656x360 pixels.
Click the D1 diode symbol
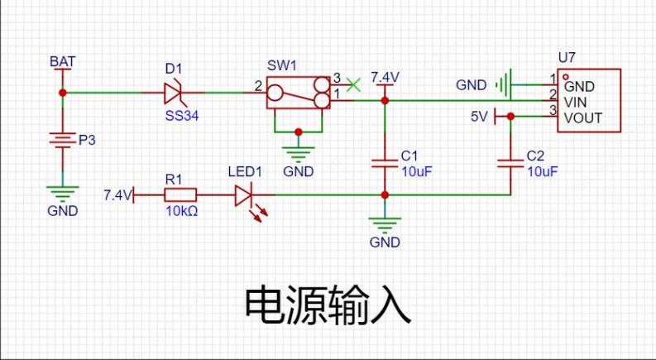(x=175, y=92)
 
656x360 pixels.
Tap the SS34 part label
(x=182, y=116)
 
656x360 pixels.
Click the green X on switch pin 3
(x=354, y=84)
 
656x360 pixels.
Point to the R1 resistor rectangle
(x=180, y=195)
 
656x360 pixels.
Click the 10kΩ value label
(x=180, y=210)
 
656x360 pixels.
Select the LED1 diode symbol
(x=243, y=196)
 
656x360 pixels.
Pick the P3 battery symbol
(x=61, y=140)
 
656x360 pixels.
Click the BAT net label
(x=61, y=62)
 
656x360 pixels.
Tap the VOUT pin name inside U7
(x=582, y=118)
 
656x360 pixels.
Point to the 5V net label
(x=480, y=117)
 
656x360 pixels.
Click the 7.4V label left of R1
(x=117, y=195)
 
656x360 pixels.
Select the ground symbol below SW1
(x=299, y=153)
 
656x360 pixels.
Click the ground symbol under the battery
(x=62, y=192)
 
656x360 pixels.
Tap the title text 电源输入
(x=328, y=306)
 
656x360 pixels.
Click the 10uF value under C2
(x=542, y=172)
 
